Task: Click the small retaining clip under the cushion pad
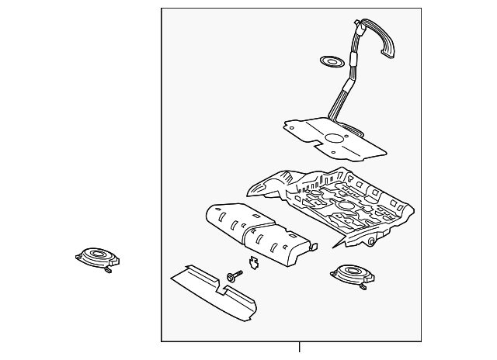coord(252,262)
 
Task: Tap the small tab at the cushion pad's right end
coord(315,246)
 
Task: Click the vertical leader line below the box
coord(299,349)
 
